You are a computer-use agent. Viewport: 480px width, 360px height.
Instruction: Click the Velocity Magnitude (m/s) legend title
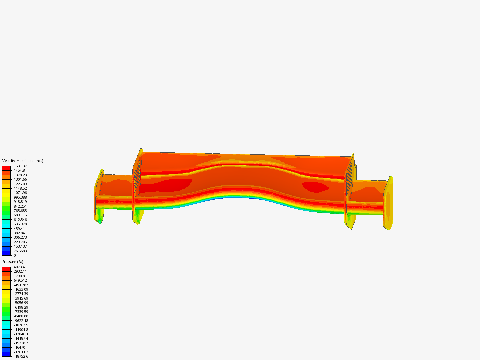click(23, 161)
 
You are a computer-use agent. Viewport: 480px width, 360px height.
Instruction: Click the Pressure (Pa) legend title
click(13, 262)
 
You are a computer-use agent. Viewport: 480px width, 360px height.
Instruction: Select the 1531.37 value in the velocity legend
click(20, 166)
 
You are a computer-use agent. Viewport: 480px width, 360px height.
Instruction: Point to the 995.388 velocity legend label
click(20, 197)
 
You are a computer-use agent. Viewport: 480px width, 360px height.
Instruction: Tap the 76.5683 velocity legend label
click(20, 251)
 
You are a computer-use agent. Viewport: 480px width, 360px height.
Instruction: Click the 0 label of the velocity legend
click(15, 255)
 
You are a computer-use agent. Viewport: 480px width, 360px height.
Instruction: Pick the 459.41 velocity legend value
click(19, 229)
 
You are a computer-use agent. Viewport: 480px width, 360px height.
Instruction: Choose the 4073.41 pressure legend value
click(20, 267)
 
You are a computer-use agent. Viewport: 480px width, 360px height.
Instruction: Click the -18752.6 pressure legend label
click(21, 356)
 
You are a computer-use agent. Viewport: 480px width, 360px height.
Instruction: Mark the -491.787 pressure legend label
click(21, 285)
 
